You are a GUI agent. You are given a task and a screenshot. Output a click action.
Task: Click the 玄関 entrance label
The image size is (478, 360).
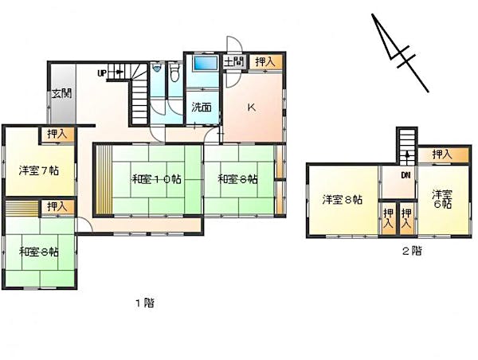coord(61,93)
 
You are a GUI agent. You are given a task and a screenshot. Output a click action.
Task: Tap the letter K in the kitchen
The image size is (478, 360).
coord(252,108)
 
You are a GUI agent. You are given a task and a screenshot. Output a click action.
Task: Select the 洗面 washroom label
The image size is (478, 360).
coord(202,108)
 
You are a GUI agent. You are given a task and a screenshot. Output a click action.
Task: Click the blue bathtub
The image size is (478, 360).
coord(206,63)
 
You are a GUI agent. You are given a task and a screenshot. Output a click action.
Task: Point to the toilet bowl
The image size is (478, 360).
coord(174,72)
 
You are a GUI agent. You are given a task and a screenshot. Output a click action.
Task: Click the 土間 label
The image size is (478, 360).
coord(233,62)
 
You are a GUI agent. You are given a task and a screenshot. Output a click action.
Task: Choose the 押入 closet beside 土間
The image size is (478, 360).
coord(265,62)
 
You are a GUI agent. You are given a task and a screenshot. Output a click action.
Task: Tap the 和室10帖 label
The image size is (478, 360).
coord(156,179)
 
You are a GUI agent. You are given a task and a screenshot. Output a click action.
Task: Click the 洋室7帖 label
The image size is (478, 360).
coord(39,170)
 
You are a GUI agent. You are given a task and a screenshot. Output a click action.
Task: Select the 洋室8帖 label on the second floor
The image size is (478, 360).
coord(343,200)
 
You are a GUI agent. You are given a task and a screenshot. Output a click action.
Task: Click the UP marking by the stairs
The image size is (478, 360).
coord(102,73)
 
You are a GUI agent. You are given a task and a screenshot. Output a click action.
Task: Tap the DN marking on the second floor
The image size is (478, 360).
coord(406,175)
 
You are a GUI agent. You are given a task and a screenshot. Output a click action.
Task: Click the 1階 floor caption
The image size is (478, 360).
coord(144,303)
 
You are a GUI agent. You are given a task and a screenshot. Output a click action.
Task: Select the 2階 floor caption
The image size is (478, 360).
coord(413,251)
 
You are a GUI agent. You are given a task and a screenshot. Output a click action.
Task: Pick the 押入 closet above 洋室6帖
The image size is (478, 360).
coord(443,155)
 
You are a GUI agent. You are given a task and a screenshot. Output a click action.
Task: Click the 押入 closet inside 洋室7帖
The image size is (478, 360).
coord(57,134)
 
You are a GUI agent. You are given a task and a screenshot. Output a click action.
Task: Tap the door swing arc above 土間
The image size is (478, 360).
coord(234,44)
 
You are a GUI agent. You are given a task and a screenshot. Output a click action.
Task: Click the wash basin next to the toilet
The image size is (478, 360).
coord(157,68)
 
